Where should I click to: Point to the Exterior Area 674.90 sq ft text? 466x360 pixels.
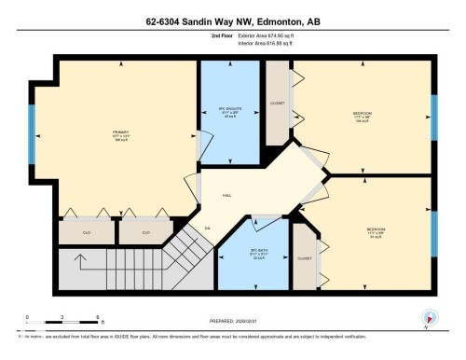click(x=259, y=39)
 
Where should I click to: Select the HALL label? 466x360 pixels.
click(x=226, y=196)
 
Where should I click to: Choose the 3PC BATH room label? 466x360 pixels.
click(x=244, y=253)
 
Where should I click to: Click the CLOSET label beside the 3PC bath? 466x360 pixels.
click(x=304, y=258)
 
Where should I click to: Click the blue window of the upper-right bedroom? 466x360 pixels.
click(x=433, y=117)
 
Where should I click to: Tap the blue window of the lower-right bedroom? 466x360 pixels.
click(x=433, y=233)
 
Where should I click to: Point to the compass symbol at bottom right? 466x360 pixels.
click(x=429, y=318)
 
